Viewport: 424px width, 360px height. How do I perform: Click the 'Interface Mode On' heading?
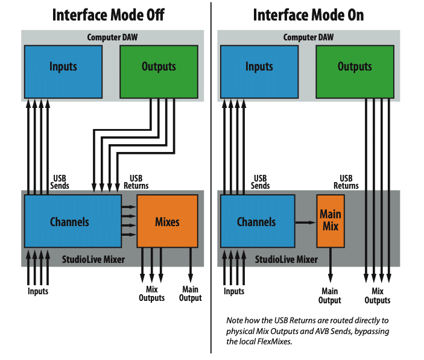tap(308, 14)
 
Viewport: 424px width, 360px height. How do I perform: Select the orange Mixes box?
tap(167, 221)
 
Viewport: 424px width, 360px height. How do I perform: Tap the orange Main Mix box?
tap(331, 221)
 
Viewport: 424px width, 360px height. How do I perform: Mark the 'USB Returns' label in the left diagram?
tap(139, 182)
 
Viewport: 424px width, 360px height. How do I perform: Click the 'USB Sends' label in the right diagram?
tap(260, 182)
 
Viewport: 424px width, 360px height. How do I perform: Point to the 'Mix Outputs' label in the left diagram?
tap(151, 294)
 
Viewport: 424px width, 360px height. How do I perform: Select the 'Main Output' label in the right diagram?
tap(330, 296)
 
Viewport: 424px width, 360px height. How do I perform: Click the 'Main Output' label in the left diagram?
tap(191, 294)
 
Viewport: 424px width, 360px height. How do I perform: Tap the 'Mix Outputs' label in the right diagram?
tap(378, 296)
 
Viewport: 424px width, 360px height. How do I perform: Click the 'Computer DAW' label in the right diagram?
tap(308, 37)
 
